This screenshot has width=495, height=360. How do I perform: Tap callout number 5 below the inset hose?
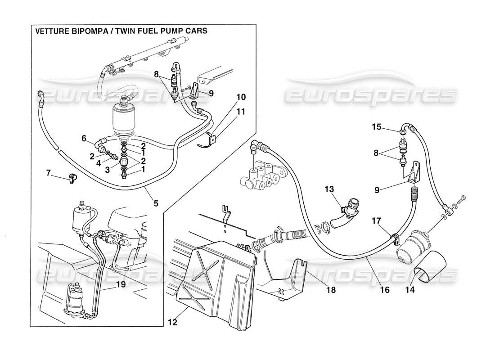click(x=156, y=203)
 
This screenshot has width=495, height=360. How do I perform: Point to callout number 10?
click(x=241, y=97)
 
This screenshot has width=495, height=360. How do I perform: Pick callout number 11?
click(x=241, y=111)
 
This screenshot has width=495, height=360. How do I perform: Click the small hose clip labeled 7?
click(x=72, y=179)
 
